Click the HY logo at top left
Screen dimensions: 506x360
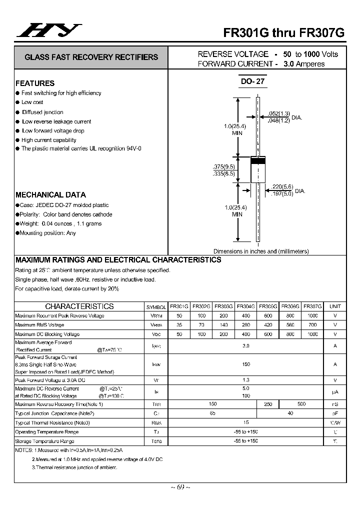(x=48, y=30)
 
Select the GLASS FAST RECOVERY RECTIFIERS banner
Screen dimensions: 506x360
(x=91, y=57)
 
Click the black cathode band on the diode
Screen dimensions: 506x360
(x=257, y=161)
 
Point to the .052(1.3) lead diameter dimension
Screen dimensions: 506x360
(x=278, y=113)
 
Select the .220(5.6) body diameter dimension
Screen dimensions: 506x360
(x=281, y=186)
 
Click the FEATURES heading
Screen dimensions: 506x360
(x=35, y=83)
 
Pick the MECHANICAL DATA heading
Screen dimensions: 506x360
(x=50, y=194)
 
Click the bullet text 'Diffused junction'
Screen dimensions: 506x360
(x=42, y=112)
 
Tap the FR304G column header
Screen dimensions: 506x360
(x=246, y=306)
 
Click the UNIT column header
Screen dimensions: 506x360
(x=335, y=306)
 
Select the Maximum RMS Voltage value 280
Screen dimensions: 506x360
(x=246, y=325)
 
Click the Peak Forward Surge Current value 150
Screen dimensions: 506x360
(x=246, y=364)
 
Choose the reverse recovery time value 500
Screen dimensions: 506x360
(x=301, y=404)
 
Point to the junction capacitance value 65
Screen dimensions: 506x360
(x=213, y=413)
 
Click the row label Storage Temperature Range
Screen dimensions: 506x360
(x=44, y=441)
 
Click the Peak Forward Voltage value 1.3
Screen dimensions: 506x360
(x=246, y=380)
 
